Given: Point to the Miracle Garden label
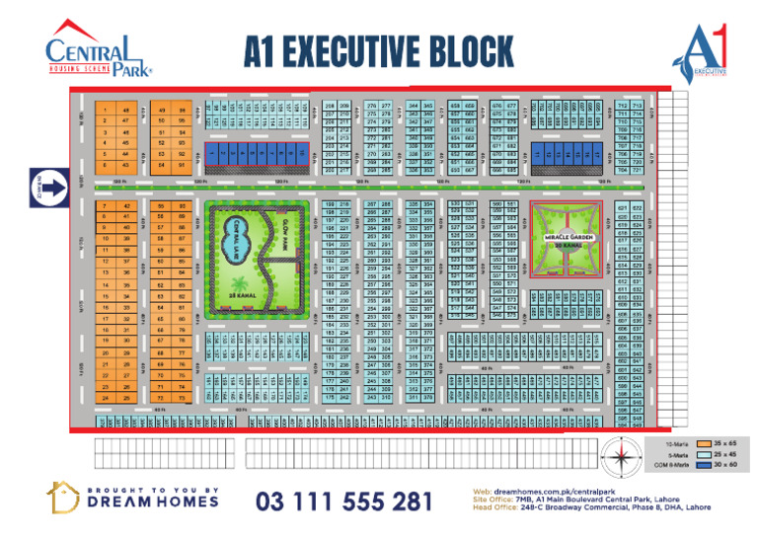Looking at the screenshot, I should pyautogui.click(x=564, y=237).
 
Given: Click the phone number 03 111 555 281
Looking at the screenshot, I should pyautogui.click(x=343, y=501).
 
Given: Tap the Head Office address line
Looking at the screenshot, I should pyautogui.click(x=577, y=508).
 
